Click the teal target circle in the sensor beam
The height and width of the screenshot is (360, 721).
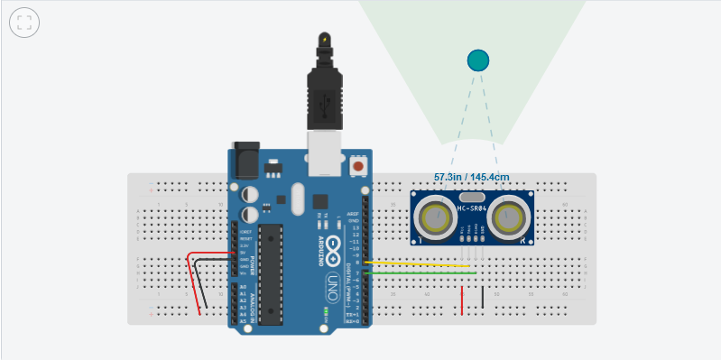coord(477,60)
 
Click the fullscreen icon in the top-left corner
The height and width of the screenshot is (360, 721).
coord(24,23)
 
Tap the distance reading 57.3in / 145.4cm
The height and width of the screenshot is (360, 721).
coord(471,177)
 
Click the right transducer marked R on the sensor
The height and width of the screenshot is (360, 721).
coord(511,217)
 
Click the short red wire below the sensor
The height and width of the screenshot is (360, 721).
coord(462,300)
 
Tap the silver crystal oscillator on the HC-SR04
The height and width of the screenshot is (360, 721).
coord(472,197)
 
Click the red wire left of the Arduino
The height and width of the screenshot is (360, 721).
coord(190,280)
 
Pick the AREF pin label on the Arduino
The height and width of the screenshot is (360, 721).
coord(354,214)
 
